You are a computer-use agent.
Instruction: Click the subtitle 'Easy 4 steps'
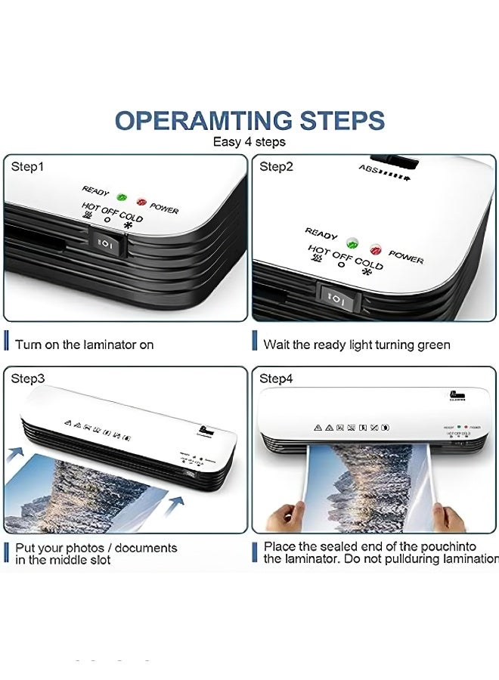point(249,141)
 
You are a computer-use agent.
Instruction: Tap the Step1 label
point(27,167)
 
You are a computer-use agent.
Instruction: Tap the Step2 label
point(276,167)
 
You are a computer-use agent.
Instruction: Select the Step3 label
point(27,379)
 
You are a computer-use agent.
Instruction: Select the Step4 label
point(276,379)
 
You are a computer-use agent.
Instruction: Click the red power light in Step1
point(140,202)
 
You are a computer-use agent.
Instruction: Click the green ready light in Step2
point(352,243)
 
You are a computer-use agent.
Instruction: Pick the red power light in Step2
point(375,249)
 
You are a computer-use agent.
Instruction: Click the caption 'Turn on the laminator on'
point(84,345)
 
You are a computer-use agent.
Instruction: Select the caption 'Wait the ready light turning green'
point(356,345)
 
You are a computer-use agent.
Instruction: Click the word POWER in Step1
point(164,208)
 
